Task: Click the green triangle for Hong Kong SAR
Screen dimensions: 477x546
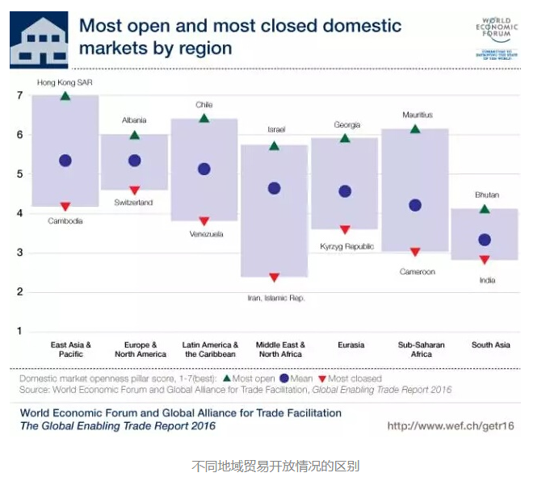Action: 65,96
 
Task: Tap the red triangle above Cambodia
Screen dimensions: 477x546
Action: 65,207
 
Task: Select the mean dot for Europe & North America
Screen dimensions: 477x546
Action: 134,161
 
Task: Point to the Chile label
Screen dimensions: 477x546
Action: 204,105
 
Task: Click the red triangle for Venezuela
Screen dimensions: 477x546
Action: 204,221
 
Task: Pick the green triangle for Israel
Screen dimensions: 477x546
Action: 275,146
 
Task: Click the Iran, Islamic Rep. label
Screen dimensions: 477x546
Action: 276,298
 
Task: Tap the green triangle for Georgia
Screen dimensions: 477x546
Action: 345,139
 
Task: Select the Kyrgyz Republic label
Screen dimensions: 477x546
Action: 346,246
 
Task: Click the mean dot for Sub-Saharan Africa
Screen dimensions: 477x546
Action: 415,205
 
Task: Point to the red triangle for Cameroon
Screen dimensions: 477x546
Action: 415,253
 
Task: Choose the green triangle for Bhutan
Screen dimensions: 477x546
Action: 485,209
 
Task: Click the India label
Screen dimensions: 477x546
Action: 486,280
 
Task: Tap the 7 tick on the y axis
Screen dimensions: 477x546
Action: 19,95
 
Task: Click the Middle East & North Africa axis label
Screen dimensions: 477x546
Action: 279,349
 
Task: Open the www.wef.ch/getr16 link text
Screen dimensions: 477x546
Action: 451,425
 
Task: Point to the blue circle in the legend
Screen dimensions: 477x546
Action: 283,378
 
